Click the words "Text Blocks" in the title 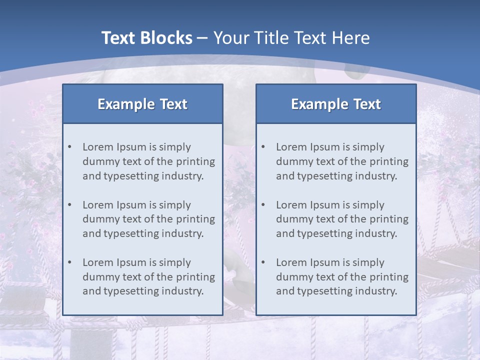point(146,38)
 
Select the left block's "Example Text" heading point(142,104)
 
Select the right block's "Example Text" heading point(336,104)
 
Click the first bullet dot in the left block point(70,147)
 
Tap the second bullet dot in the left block point(70,205)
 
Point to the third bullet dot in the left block point(70,262)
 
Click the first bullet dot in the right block point(263,147)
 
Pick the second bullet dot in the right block point(263,205)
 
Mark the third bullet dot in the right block point(263,262)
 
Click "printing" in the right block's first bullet point(389,161)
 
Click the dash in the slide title point(203,38)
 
